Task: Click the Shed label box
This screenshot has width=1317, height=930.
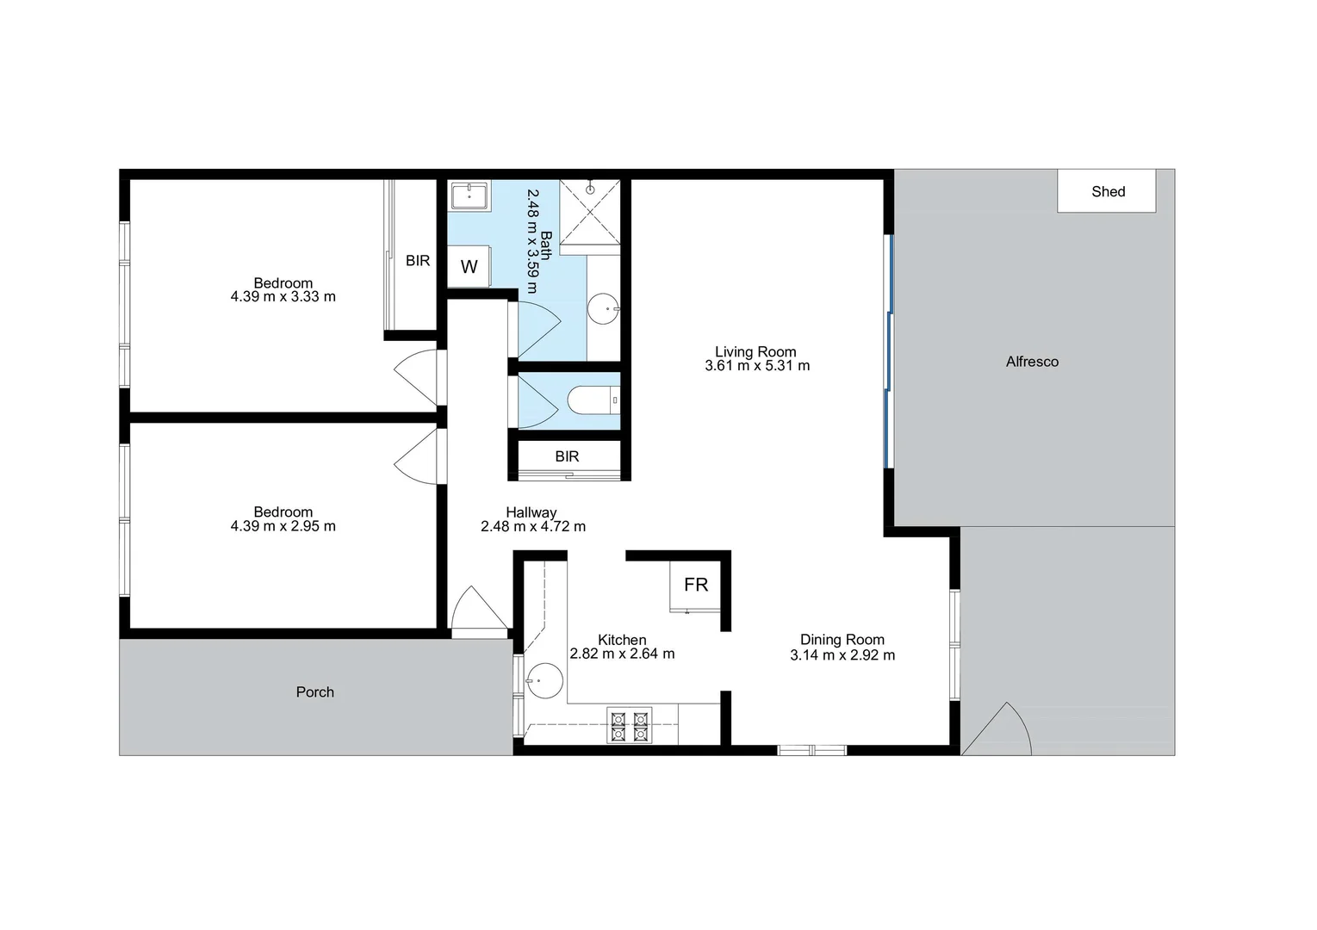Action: (x=1107, y=191)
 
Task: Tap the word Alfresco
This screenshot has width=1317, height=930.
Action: (x=1032, y=362)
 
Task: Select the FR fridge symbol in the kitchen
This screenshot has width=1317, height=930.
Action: (x=695, y=585)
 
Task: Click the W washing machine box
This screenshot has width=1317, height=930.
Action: (x=469, y=266)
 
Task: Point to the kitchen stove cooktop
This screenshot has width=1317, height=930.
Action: (x=629, y=725)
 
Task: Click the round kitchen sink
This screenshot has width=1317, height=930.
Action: (x=544, y=680)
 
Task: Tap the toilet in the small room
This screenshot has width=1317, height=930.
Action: (x=593, y=400)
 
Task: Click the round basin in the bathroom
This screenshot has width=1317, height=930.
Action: (x=604, y=308)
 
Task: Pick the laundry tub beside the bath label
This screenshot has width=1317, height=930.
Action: (x=469, y=195)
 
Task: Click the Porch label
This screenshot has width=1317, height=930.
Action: (x=314, y=691)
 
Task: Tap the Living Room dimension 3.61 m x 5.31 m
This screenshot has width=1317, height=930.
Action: (x=757, y=366)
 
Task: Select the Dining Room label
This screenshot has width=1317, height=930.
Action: (x=842, y=639)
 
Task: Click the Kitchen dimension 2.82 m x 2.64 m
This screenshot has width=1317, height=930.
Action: (x=622, y=654)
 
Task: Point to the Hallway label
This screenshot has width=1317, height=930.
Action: (x=531, y=512)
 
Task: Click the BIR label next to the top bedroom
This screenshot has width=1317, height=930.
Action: (x=418, y=260)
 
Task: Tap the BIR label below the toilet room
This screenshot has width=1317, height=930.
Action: (x=567, y=456)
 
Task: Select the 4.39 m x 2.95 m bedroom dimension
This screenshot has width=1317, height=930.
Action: (x=283, y=526)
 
